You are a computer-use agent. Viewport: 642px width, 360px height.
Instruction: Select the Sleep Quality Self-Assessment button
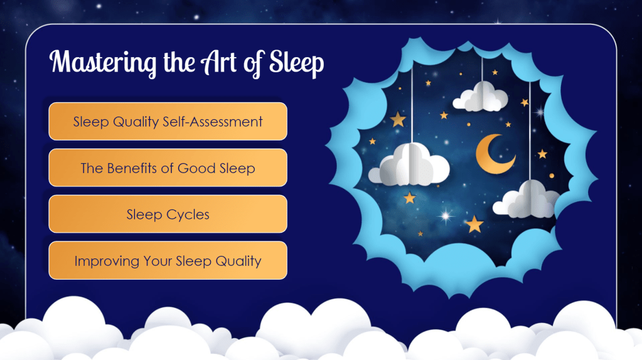[x=168, y=121]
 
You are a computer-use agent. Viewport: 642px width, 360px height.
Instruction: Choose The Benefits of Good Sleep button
[x=168, y=167]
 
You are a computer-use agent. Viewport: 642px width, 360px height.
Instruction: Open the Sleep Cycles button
[x=168, y=214]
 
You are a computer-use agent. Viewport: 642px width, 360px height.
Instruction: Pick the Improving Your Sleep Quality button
[x=168, y=260]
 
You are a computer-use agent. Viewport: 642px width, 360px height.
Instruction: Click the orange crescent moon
[x=493, y=154]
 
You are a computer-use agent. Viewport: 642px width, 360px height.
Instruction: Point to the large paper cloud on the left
[x=409, y=166]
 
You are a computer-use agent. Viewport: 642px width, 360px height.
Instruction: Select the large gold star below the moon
[x=474, y=224]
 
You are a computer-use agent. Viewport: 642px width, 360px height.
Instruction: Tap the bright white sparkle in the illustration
[x=446, y=216]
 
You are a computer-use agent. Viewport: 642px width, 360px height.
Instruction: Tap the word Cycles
[x=188, y=214]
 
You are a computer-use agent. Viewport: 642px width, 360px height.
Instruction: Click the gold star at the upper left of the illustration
[x=398, y=119]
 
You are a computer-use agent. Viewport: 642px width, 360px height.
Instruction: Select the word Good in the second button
[x=196, y=167]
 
